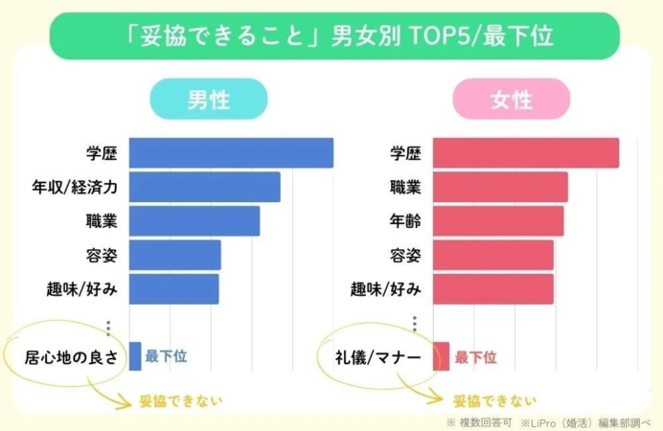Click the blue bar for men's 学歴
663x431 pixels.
click(x=231, y=153)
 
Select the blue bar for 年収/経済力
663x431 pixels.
click(x=204, y=187)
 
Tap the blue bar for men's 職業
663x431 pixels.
click(x=194, y=221)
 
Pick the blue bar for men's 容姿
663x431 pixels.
click(x=174, y=255)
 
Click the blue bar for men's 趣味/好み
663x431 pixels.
click(x=173, y=288)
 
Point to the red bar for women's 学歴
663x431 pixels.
click(x=525, y=153)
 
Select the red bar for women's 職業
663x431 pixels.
click(x=500, y=187)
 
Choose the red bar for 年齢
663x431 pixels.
click(x=497, y=221)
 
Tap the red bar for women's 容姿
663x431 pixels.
click(x=492, y=255)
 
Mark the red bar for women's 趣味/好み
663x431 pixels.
click(x=492, y=288)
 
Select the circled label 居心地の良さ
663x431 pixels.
click(x=72, y=357)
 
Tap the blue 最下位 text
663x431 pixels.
click(x=166, y=357)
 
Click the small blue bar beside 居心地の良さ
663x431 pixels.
click(x=135, y=356)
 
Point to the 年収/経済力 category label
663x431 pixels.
click(x=75, y=187)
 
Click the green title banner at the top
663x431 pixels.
click(x=331, y=36)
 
